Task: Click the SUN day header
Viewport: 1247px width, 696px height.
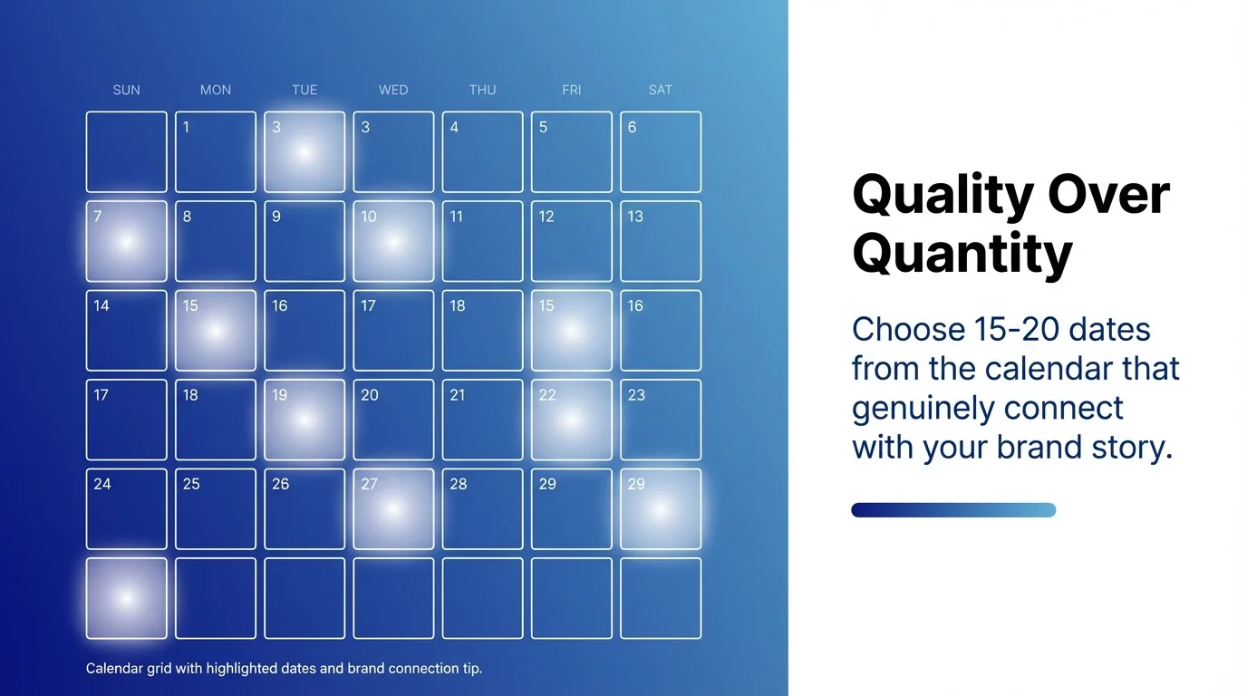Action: click(x=126, y=90)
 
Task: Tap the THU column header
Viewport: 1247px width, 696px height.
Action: click(x=482, y=90)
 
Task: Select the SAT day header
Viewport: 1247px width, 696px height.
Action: click(x=660, y=90)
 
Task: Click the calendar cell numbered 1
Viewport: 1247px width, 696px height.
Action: click(x=215, y=151)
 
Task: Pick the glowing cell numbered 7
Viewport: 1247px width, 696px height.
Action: click(x=126, y=241)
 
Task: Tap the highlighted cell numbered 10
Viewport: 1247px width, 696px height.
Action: click(x=393, y=241)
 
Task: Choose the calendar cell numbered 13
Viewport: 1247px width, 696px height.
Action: click(x=660, y=241)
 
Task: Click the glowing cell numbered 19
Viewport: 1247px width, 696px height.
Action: click(x=304, y=420)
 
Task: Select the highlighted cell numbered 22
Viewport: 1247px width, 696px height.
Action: click(x=571, y=420)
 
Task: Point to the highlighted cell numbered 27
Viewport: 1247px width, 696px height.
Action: click(x=393, y=508)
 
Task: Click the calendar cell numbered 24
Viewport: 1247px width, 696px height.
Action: click(x=126, y=508)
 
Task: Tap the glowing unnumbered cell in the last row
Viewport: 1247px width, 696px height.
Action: click(x=126, y=598)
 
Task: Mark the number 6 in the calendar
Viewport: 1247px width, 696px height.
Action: click(x=633, y=128)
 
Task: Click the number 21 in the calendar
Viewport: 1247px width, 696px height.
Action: click(x=458, y=395)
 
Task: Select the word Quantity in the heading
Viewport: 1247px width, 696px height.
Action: click(x=962, y=254)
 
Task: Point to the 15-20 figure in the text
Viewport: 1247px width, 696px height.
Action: click(x=1008, y=329)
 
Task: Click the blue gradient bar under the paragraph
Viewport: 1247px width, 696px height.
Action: click(x=953, y=510)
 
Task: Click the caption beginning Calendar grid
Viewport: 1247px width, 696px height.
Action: click(x=284, y=669)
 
